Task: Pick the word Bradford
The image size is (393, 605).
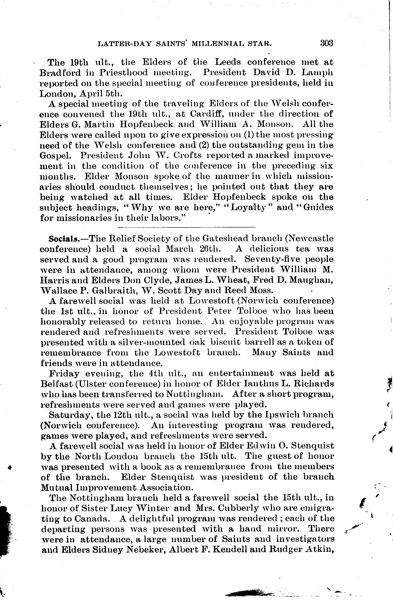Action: (x=60, y=73)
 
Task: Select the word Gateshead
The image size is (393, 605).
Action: (x=223, y=239)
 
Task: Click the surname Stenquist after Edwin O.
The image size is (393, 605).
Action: (x=312, y=446)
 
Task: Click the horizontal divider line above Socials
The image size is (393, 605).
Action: (x=187, y=227)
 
